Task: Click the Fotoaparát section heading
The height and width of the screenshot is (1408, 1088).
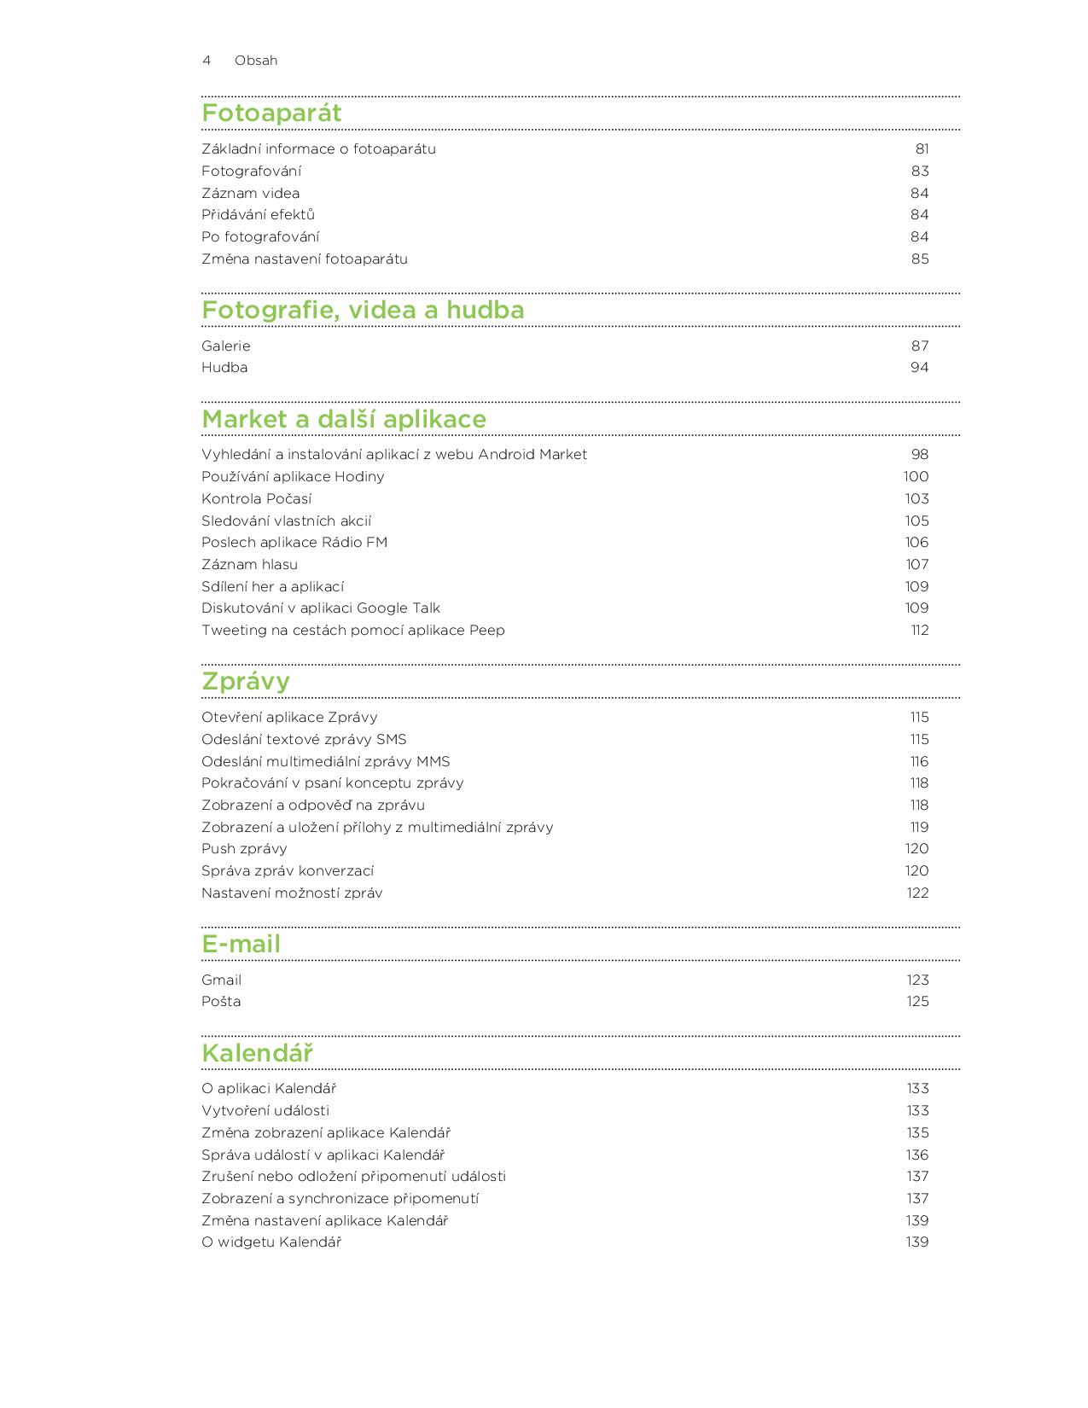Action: tap(271, 113)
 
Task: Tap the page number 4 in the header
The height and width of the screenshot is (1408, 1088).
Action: tap(207, 61)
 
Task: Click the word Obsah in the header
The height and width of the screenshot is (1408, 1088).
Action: tap(256, 61)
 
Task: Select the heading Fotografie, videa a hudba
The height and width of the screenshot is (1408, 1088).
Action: tap(363, 310)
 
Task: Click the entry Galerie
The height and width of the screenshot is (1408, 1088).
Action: tap(226, 346)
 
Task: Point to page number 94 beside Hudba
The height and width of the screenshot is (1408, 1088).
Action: tap(919, 368)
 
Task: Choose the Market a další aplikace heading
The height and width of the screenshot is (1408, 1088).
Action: tap(344, 419)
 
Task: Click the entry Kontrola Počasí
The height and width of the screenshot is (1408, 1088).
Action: tap(257, 498)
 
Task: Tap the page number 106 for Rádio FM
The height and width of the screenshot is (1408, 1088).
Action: tap(916, 543)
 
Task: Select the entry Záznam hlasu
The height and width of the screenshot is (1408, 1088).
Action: tap(250, 564)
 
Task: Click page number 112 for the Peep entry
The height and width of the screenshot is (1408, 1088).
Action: tap(919, 631)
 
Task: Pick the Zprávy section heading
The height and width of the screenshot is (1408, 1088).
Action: tap(246, 681)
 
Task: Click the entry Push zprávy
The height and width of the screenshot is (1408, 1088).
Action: tap(244, 849)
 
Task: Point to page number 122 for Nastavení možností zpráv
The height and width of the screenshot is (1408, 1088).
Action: tap(917, 893)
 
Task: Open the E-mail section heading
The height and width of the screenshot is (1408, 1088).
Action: tap(241, 944)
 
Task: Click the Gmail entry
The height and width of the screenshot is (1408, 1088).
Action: tap(222, 980)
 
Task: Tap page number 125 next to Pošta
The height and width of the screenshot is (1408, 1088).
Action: tap(917, 1002)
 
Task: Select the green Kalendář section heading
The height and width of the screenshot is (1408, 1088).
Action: tap(258, 1053)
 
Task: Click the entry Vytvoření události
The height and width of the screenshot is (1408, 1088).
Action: tap(265, 1111)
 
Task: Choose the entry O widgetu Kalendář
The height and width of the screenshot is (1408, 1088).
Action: tap(271, 1242)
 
